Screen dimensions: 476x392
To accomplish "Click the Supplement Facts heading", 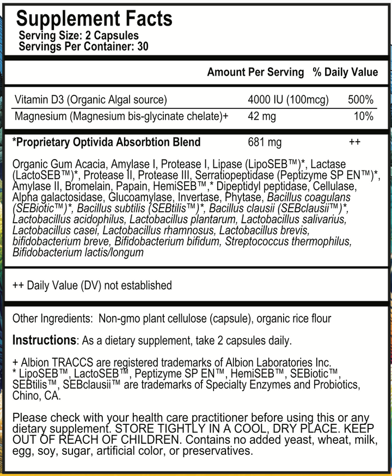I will [x=94, y=19].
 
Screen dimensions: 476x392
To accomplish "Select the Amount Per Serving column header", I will [x=255, y=72].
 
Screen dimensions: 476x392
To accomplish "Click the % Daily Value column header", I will [x=345, y=72].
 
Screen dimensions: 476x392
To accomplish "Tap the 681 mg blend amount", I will [x=265, y=142].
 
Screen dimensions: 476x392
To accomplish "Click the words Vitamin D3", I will [x=36, y=100].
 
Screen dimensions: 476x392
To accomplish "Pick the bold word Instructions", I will [x=44, y=340].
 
